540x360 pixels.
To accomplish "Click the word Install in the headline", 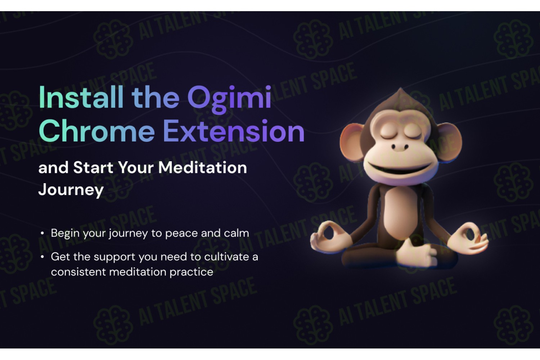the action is click(x=81, y=97).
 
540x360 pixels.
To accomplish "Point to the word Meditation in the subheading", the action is click(x=203, y=167).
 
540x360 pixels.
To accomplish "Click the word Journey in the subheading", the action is click(x=71, y=190).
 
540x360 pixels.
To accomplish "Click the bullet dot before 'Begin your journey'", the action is click(x=42, y=233).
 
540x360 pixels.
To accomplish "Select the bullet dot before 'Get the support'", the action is click(x=42, y=257).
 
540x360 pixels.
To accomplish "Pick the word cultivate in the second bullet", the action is click(x=226, y=257).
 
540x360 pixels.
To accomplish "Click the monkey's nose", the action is click(x=400, y=147).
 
